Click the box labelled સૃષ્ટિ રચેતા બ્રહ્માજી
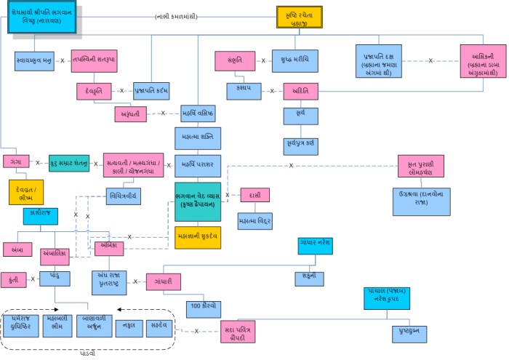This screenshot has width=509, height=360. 299,17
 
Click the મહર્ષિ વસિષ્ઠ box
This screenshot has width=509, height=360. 198,114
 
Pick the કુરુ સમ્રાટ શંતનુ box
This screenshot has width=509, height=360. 73,164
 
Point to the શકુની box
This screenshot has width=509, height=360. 308,277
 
